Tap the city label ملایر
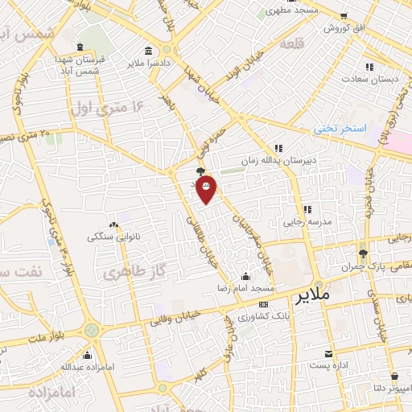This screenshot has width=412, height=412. [x=313, y=295]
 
